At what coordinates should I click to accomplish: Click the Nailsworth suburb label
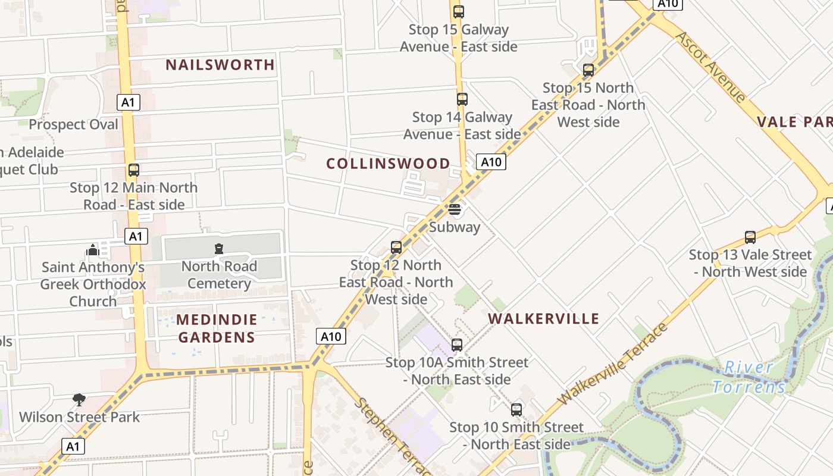coord(220,64)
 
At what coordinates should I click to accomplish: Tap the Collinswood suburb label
coord(388,163)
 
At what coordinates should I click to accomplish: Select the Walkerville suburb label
coord(543,318)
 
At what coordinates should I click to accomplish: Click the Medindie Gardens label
coord(217,328)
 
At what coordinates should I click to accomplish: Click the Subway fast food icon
coord(455,209)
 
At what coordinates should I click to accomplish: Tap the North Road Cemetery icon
coord(219,249)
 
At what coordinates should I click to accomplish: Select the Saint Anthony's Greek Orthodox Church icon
coord(92,250)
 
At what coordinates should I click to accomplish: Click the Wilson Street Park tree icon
coord(79,399)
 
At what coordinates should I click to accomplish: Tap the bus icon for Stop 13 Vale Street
coord(750,237)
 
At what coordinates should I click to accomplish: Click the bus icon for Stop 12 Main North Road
coord(134,170)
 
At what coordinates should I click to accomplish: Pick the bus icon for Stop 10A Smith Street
coord(456,345)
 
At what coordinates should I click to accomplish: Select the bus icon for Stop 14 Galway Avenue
coord(462,99)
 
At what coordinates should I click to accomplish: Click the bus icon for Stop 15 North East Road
coord(588,70)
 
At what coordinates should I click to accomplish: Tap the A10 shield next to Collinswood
coord(491,162)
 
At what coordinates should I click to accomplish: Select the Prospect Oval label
coord(73,124)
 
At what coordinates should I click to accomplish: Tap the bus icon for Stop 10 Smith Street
coord(516,409)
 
